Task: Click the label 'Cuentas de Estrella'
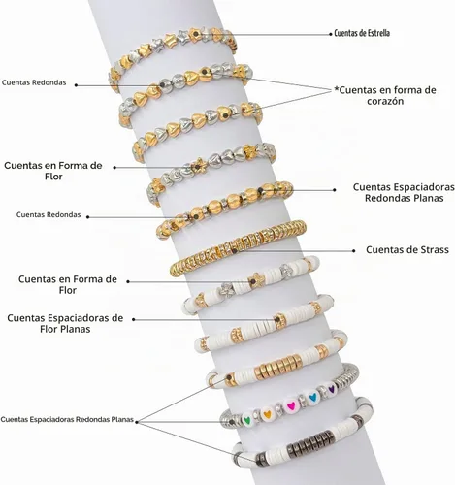pyautogui.click(x=362, y=33)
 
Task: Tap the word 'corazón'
pyautogui.click(x=384, y=101)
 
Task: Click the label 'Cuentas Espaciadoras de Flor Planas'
pyautogui.click(x=65, y=324)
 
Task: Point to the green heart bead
pyautogui.click(x=247, y=420)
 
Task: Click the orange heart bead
pyautogui.click(x=268, y=413)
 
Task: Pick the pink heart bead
pyautogui.click(x=291, y=405)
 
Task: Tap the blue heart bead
pyautogui.click(x=312, y=397)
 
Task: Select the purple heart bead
pyautogui.click(x=331, y=388)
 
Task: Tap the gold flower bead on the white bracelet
pyautogui.click(x=256, y=280)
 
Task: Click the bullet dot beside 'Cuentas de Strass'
pyautogui.click(x=354, y=250)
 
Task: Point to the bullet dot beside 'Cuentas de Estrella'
pyautogui.click(x=331, y=34)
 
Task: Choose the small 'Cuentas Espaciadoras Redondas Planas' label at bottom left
pyautogui.click(x=67, y=420)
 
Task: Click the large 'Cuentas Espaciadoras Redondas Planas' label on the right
pyautogui.click(x=404, y=192)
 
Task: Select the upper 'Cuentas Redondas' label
pyautogui.click(x=34, y=82)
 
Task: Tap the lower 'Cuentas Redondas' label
pyautogui.click(x=49, y=215)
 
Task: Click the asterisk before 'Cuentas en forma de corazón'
pyautogui.click(x=337, y=88)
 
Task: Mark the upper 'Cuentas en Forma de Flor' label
pyautogui.click(x=53, y=171)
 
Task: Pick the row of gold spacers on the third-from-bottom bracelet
pyautogui.click(x=278, y=367)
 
